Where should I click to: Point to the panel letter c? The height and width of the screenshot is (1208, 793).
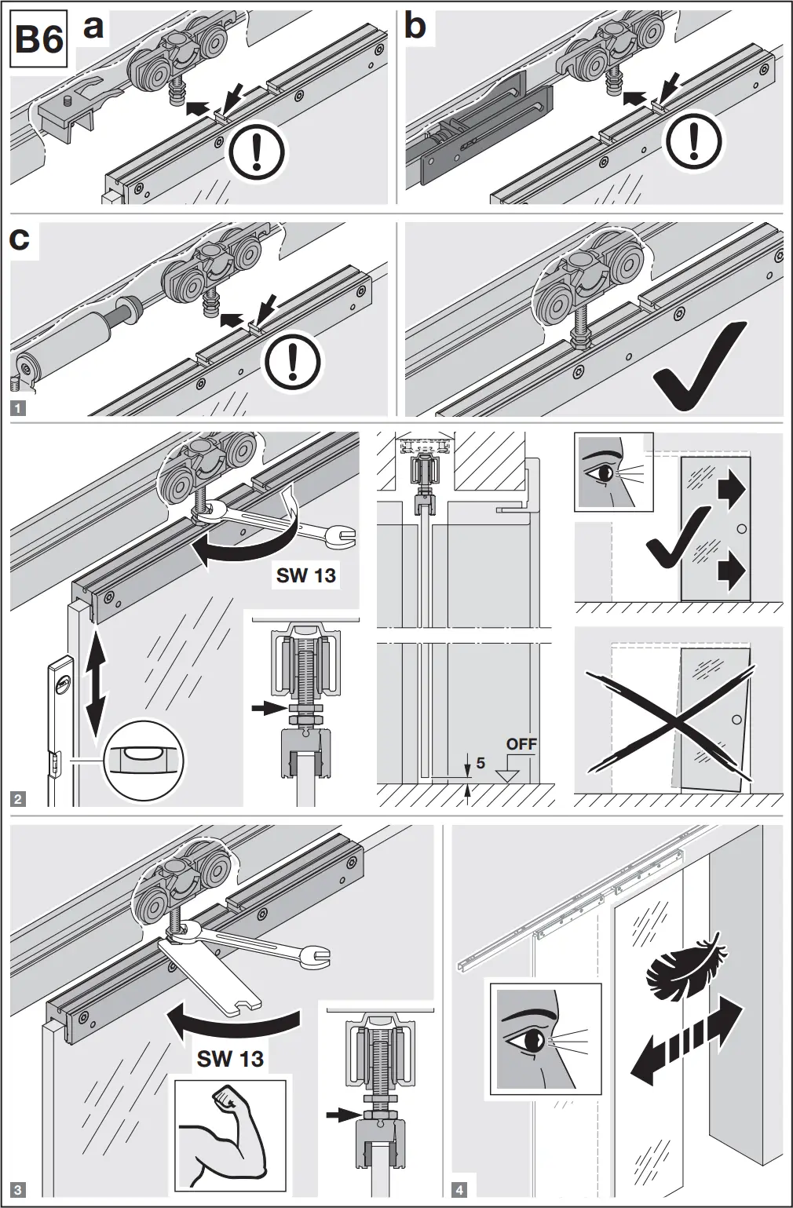pos(20,239)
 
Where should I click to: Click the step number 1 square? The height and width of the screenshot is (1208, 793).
pos(19,407)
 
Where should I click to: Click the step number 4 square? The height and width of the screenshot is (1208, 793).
pos(459,1189)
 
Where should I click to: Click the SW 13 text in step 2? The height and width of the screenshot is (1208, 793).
pos(305,575)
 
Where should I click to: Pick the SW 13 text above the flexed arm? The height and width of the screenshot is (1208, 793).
pos(230,1059)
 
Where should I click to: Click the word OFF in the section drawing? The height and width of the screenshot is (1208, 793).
pos(521,743)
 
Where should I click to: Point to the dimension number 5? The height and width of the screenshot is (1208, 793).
pos(481,762)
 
